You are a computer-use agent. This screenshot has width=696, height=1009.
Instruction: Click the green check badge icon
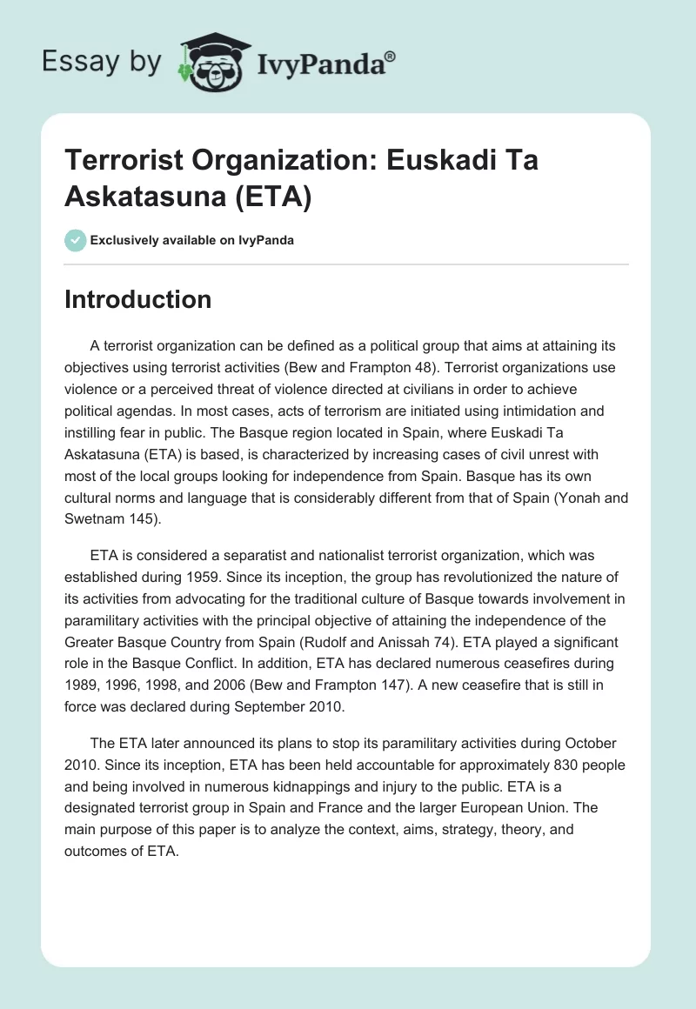tap(76, 240)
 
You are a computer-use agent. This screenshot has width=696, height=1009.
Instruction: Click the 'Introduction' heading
tap(138, 299)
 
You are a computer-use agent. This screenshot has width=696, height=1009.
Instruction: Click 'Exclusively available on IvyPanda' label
tap(193, 240)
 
